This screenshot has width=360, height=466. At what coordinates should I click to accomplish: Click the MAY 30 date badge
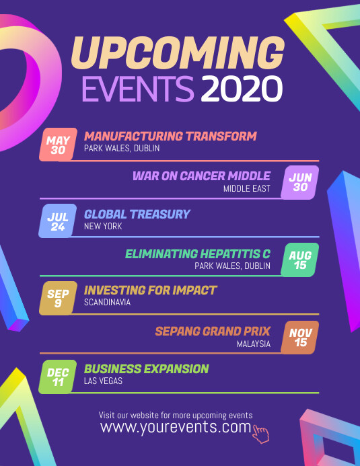coord(59,145)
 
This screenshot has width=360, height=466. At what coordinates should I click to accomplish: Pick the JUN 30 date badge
coord(300,182)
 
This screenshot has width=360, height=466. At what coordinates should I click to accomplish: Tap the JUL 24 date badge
coord(58,221)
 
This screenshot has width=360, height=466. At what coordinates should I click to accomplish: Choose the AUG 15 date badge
coord(300,260)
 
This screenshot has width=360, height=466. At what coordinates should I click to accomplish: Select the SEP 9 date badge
coord(58,298)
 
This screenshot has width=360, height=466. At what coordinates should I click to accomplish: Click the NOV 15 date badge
coord(300,337)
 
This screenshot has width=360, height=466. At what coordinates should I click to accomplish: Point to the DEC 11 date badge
coord(58,377)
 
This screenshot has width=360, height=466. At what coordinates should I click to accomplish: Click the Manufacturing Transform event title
coord(170,136)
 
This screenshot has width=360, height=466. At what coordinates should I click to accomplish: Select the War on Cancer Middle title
coord(201,176)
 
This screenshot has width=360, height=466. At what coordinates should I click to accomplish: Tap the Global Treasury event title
coord(137,214)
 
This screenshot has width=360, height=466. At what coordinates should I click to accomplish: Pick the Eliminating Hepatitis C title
coord(198,254)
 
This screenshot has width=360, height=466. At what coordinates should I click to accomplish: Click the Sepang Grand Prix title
coord(213,331)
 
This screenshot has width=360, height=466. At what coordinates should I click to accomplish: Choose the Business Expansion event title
coord(147,368)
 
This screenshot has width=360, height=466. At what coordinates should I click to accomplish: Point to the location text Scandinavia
coord(108,303)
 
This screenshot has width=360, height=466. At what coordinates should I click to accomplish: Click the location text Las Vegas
coord(104,381)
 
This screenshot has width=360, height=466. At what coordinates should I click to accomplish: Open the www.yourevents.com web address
coord(175,427)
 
